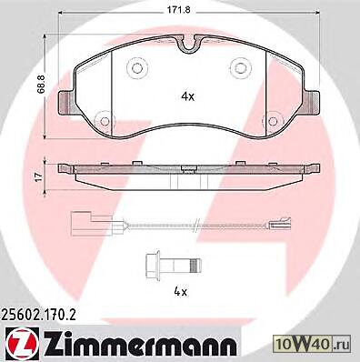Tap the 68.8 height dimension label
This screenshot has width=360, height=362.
point(42,84)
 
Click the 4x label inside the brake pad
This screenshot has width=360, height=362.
point(187,96)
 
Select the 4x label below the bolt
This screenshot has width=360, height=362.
point(181,292)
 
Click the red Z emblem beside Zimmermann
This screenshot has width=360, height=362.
point(22,344)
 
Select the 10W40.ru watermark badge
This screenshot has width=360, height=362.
point(312,344)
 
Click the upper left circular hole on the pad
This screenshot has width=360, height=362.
point(137,68)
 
